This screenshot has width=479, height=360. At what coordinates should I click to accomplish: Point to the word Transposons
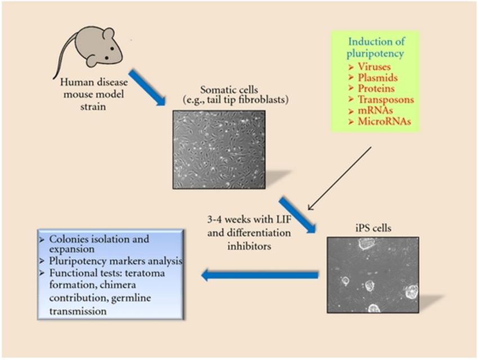click(386, 100)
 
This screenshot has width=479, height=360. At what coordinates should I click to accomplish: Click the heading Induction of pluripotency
click(376, 48)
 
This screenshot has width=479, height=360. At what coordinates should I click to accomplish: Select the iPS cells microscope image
click(373, 274)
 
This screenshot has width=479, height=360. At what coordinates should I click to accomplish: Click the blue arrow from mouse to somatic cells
click(147, 88)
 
